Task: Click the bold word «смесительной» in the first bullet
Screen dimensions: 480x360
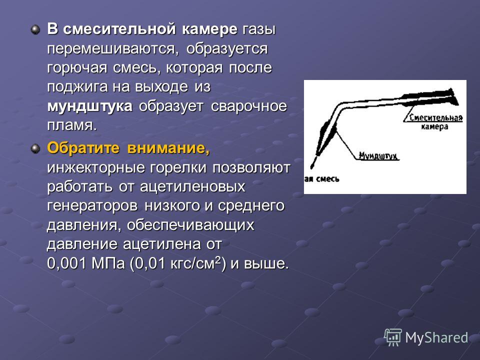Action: click(x=119, y=29)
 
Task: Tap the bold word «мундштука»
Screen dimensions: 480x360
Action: click(x=90, y=106)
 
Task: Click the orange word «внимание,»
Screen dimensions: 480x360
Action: click(x=168, y=148)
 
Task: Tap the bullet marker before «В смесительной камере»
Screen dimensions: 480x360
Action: click(x=35, y=30)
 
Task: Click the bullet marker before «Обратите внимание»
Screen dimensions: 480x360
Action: click(x=35, y=149)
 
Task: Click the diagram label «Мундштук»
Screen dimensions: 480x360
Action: click(x=378, y=155)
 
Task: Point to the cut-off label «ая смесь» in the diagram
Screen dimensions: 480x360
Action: click(x=321, y=179)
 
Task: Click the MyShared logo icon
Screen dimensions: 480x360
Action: click(x=393, y=337)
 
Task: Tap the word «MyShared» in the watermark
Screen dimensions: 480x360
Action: click(x=437, y=337)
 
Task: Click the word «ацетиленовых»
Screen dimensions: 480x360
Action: click(x=192, y=186)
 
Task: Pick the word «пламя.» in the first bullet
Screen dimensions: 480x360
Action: click(x=72, y=125)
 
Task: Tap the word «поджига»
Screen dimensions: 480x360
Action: click(x=77, y=87)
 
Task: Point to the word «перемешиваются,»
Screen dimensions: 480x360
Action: click(x=113, y=49)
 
